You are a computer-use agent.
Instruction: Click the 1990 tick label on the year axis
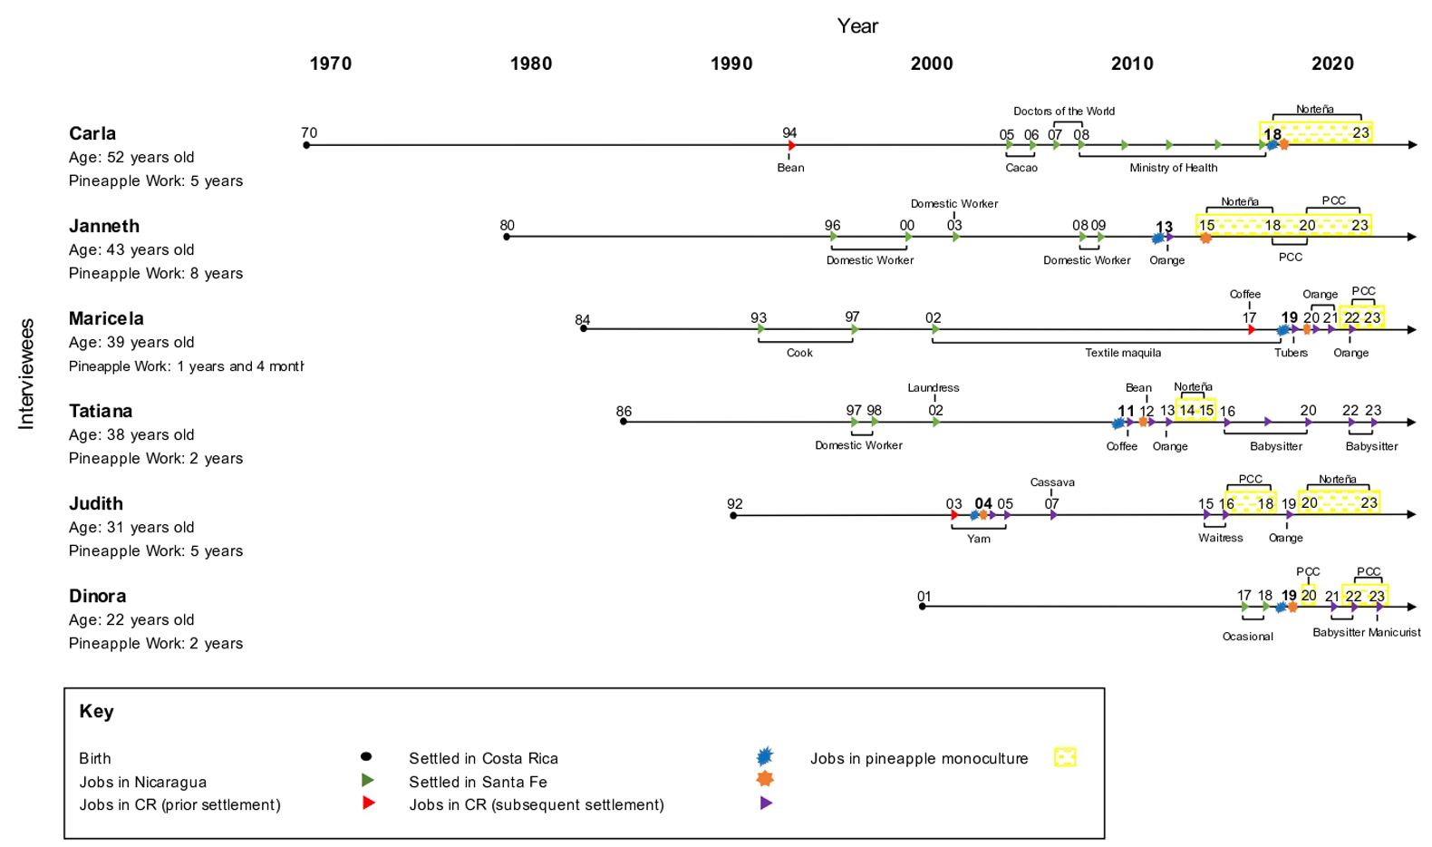point(731,63)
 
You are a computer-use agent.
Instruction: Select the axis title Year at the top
point(856,26)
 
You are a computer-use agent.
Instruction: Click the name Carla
point(92,133)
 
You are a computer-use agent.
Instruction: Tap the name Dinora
point(97,596)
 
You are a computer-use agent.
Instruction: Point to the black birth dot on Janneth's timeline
point(507,237)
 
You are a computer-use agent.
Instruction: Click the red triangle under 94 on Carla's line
point(791,145)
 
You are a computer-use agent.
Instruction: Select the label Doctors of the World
point(1063,112)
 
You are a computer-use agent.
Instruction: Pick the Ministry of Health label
point(1173,168)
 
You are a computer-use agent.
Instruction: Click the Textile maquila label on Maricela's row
point(1122,353)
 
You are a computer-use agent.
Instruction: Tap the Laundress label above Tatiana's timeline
point(933,388)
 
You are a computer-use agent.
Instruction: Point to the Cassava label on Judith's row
point(1051,482)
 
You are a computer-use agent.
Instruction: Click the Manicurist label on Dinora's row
point(1394,632)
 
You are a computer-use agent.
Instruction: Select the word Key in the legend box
point(96,711)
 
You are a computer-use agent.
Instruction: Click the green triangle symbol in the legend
point(367,781)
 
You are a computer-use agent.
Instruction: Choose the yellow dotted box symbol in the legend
point(1065,757)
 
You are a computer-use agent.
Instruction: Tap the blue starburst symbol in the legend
point(765,756)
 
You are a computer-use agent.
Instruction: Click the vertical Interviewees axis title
point(26,374)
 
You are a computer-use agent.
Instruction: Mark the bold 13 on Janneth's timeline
point(1164,227)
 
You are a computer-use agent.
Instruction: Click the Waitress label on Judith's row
point(1220,538)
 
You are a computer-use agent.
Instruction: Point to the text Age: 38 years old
point(131,434)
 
